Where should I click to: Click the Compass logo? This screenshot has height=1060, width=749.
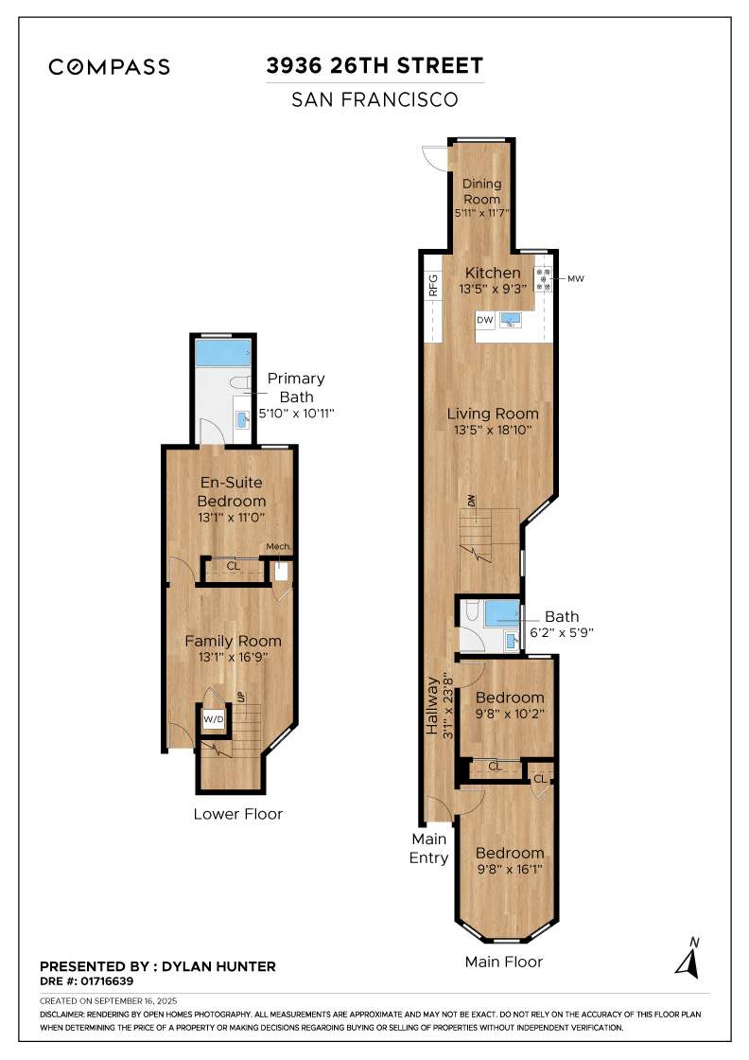tap(110, 67)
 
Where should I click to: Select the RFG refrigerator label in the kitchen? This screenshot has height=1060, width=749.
tap(433, 286)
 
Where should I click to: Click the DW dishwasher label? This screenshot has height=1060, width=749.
tap(485, 321)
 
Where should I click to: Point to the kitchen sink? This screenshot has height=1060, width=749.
tap(511, 320)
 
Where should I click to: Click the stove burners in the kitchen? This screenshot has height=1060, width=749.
tap(545, 278)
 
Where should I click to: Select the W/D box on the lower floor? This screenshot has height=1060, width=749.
tap(215, 720)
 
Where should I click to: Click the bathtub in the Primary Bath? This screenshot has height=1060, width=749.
tap(222, 354)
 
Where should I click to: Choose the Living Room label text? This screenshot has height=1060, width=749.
tap(493, 414)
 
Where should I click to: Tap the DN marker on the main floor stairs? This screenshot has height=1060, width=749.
tap(469, 500)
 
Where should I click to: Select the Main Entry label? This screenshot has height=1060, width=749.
tap(428, 848)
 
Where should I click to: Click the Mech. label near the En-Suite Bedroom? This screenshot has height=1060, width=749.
tap(277, 546)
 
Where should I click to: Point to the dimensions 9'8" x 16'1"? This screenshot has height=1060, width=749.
tap(510, 868)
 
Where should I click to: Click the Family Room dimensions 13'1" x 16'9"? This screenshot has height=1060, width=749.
tap(233, 657)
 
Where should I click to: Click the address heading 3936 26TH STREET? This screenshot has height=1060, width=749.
tap(375, 66)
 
